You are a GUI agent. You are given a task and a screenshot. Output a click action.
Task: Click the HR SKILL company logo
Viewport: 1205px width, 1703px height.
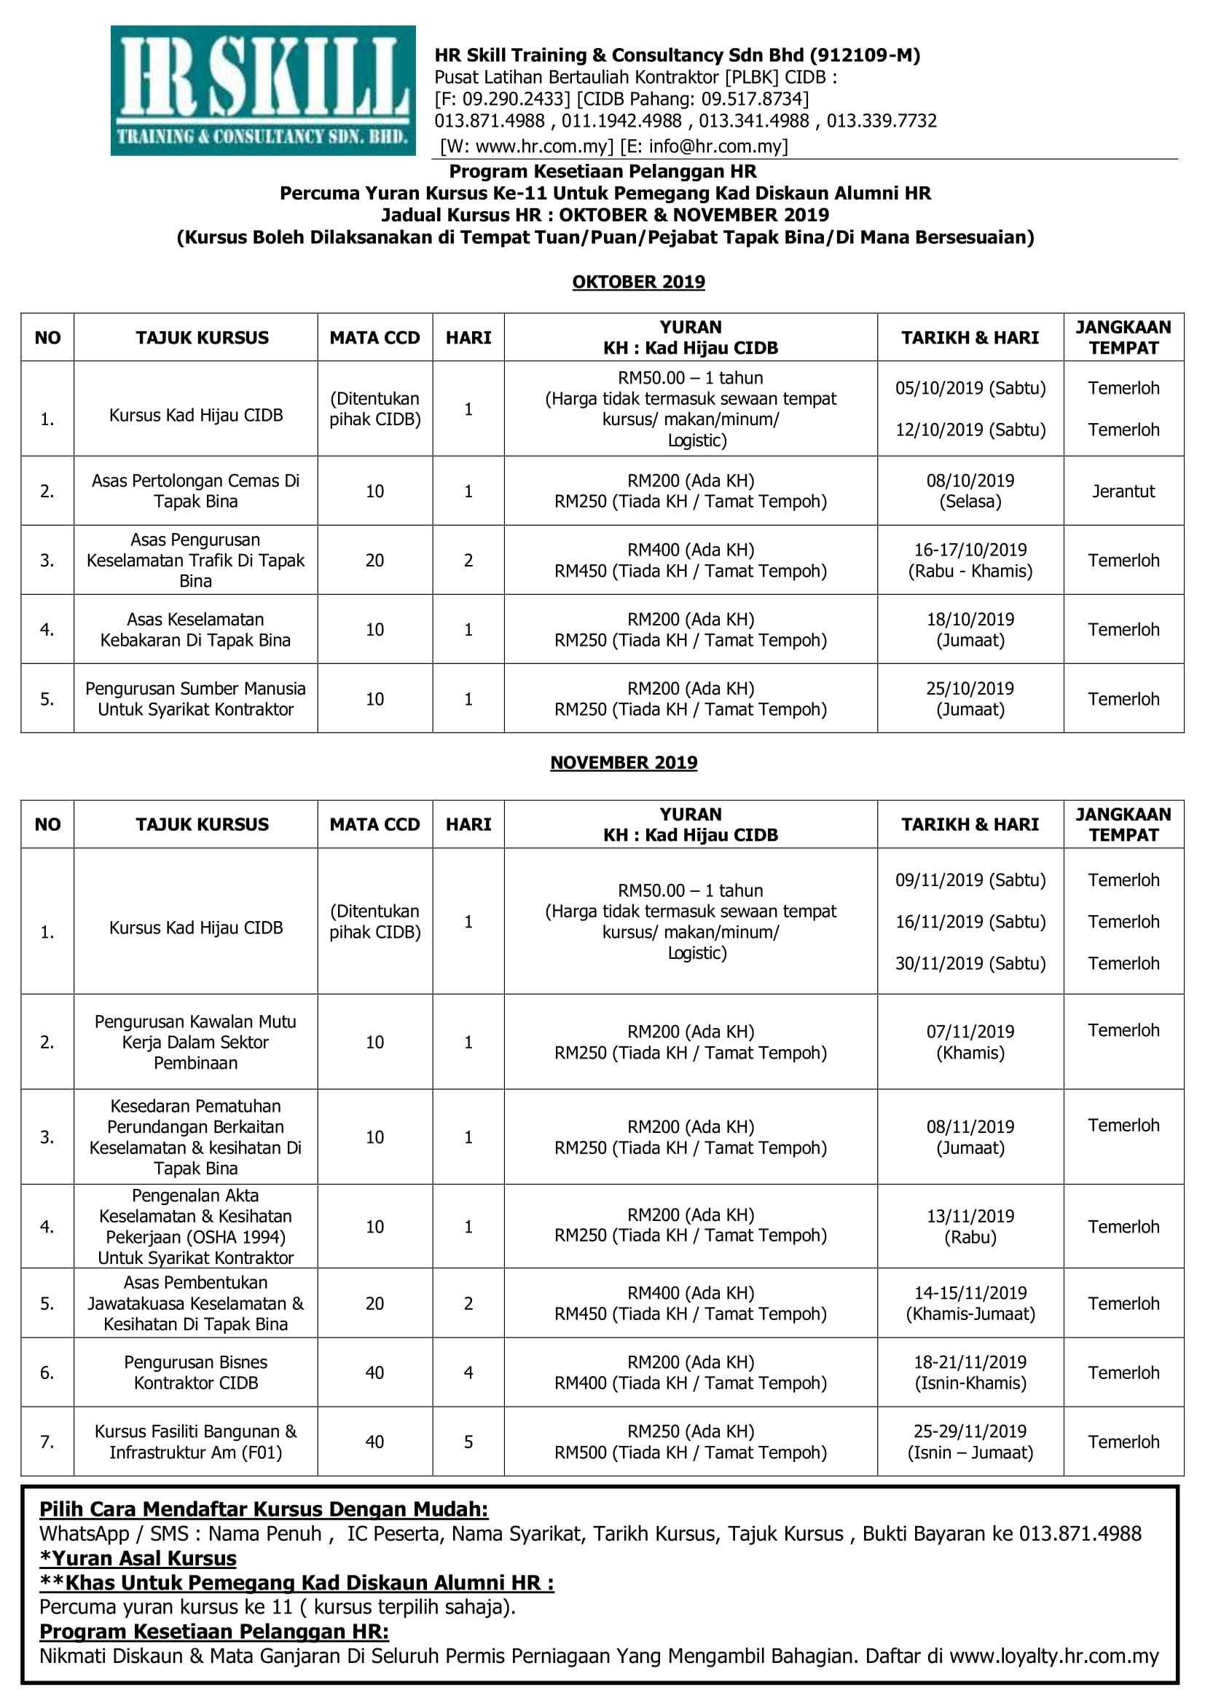(263, 90)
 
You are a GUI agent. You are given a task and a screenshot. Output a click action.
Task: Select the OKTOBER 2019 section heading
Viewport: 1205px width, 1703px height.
(638, 282)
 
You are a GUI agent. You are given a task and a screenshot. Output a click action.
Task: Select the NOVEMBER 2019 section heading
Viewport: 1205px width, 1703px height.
(624, 762)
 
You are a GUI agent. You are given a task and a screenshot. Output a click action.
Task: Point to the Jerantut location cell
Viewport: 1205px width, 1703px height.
(1123, 491)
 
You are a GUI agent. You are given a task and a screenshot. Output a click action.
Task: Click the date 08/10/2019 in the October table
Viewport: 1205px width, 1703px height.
(970, 481)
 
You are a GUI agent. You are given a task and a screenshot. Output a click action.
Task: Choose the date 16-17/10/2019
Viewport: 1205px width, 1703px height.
(970, 550)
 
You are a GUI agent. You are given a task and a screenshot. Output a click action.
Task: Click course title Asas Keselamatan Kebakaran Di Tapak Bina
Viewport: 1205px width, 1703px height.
(196, 630)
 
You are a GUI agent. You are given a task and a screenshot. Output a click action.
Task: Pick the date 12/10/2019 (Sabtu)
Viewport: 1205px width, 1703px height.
(970, 430)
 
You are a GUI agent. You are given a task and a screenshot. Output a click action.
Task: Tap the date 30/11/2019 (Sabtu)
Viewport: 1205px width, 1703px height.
(970, 963)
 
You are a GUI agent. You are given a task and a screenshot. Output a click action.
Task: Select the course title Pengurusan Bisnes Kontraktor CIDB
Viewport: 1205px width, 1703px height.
(196, 1372)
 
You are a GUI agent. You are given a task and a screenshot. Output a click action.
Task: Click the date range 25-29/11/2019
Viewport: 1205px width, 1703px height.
(970, 1431)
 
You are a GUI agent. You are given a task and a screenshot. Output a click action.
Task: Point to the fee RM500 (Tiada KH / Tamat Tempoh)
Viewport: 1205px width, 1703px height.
(690, 1453)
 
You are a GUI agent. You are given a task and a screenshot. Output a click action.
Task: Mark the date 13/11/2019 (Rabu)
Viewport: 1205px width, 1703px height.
(970, 1226)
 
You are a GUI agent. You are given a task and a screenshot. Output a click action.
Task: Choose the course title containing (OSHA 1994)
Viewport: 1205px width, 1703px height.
(196, 1226)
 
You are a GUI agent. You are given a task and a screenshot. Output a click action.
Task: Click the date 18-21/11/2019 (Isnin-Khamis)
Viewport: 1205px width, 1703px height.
(970, 1372)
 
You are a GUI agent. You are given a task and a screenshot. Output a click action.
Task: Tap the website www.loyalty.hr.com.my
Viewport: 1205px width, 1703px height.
(1053, 1656)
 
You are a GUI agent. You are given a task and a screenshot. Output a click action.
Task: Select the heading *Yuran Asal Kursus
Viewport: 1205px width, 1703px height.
(138, 1558)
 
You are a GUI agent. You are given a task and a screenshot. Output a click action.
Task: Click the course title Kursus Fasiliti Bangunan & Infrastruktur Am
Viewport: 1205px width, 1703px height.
(196, 1442)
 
